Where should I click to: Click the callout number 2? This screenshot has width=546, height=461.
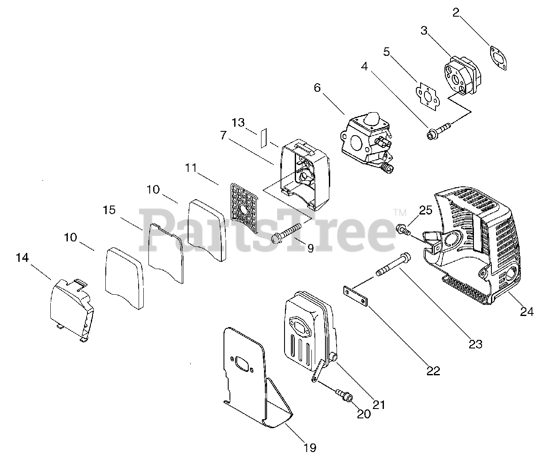pos(456,12)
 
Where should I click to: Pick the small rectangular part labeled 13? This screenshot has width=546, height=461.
pos(263,137)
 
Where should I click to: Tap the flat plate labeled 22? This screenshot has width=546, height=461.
pos(355,296)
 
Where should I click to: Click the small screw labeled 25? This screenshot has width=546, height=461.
pos(403,229)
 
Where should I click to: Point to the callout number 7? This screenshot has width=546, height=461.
pos(223,136)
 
